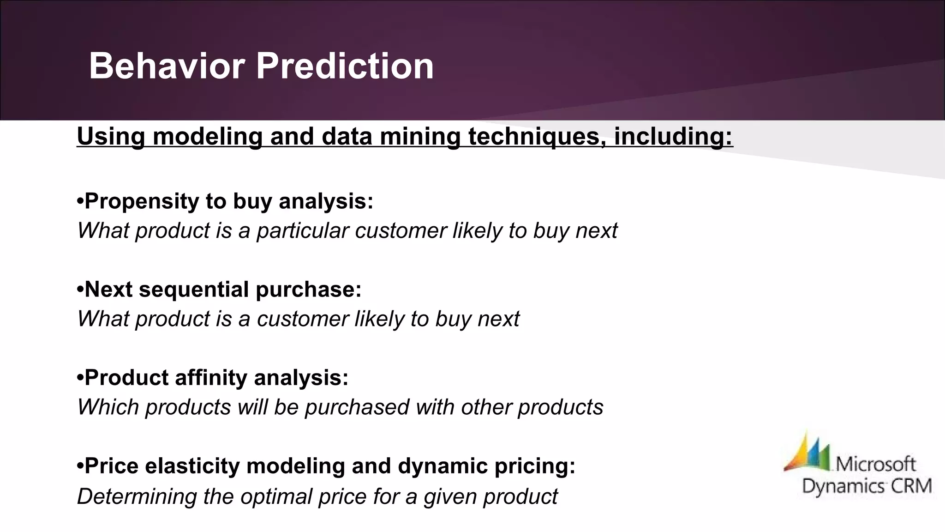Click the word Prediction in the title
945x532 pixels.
point(345,66)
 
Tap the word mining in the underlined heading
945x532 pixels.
point(420,136)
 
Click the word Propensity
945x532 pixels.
point(141,201)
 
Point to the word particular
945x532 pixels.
point(302,230)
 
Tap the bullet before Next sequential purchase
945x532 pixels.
point(80,290)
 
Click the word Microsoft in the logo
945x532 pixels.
point(875,464)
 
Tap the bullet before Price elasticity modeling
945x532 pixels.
point(80,466)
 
